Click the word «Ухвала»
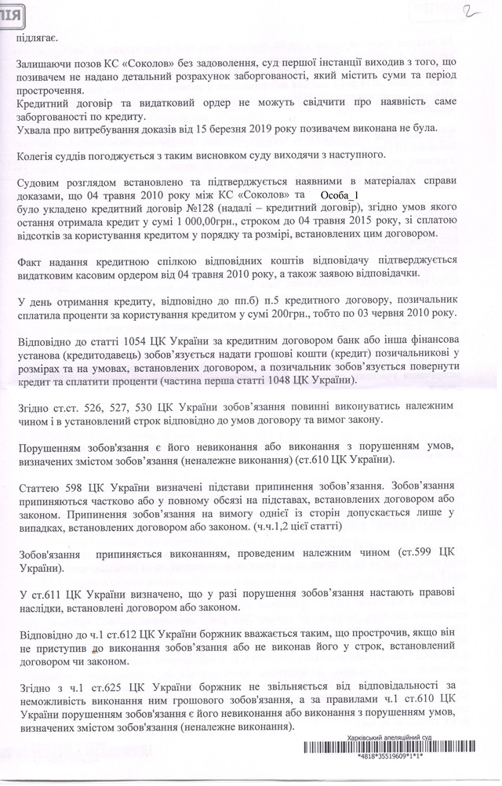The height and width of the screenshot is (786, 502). [x=34, y=129]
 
